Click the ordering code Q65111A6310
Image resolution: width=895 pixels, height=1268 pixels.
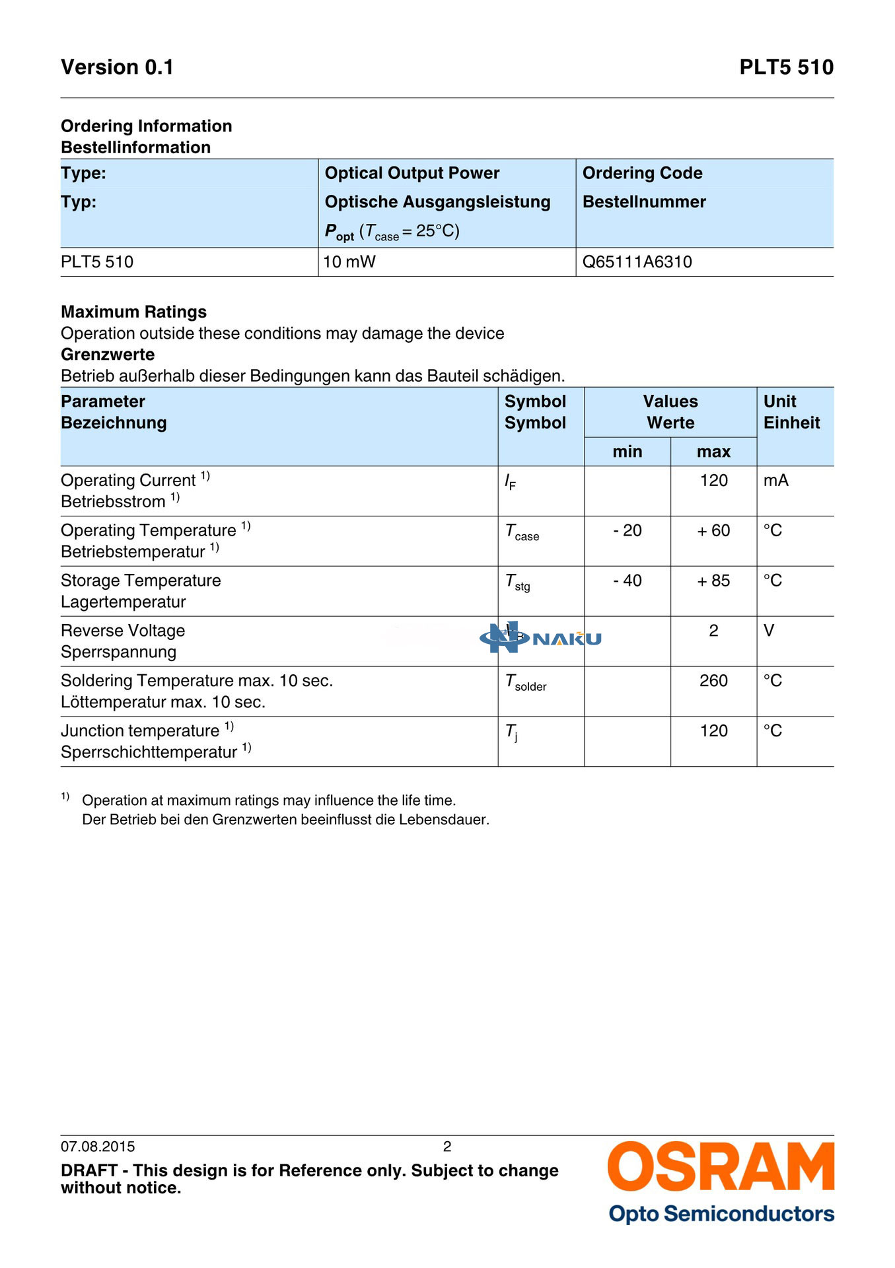tap(637, 262)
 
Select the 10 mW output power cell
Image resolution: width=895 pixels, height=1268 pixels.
tap(349, 262)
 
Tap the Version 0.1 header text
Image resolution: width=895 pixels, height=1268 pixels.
tap(117, 67)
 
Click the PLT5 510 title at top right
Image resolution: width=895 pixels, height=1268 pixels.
tap(786, 67)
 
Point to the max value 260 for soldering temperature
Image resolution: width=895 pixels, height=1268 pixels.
tap(713, 681)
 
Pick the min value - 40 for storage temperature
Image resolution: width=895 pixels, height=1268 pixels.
tap(627, 581)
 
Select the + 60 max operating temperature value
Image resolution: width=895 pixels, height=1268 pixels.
tap(713, 530)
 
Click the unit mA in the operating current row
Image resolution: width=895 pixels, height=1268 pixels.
tap(775, 480)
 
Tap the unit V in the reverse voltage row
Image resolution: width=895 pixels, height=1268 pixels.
tap(769, 631)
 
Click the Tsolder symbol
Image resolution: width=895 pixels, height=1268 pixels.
tap(525, 683)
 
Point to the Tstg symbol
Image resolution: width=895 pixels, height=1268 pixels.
tap(517, 582)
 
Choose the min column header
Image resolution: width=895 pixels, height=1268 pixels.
tap(627, 452)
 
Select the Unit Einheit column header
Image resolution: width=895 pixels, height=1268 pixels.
tap(791, 412)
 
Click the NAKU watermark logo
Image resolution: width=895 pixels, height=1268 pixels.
tap(540, 637)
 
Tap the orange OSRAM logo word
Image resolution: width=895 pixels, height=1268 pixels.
tap(721, 1168)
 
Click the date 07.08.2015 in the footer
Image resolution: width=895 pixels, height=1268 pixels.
tap(98, 1146)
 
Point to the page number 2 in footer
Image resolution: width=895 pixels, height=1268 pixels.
tap(447, 1146)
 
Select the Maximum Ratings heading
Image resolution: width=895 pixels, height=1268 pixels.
tap(133, 312)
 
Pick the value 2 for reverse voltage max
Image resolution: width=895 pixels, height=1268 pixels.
tap(713, 631)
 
